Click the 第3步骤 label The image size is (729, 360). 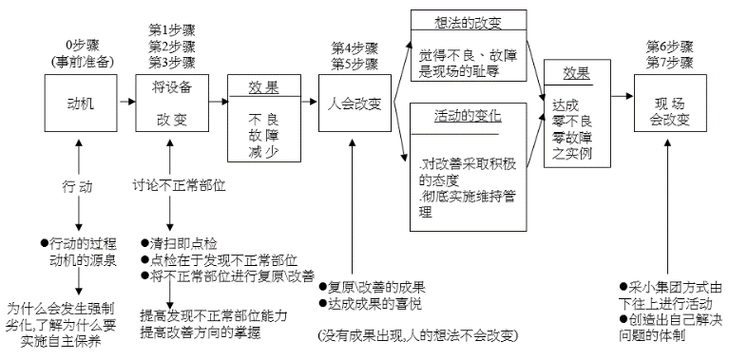coord(172,63)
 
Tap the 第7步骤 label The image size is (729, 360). coord(669,62)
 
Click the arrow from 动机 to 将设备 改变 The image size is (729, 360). coord(124,100)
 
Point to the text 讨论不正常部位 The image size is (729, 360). coord(179,183)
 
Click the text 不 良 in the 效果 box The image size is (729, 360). coord(262,121)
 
